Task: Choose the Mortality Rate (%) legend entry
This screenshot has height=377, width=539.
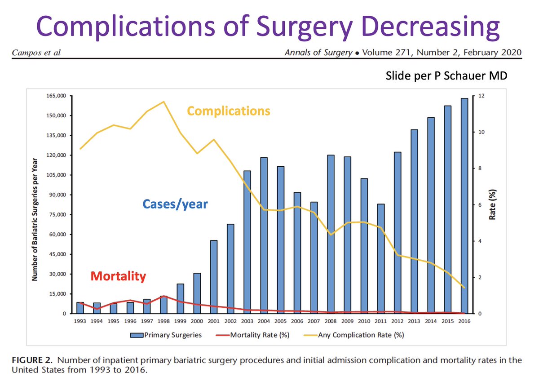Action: pyautogui.click(x=254, y=335)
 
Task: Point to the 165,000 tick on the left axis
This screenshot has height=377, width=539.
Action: pyautogui.click(x=56, y=96)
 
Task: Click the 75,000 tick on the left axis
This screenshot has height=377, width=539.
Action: pyautogui.click(x=58, y=215)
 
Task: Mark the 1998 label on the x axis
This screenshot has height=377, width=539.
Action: pyautogui.click(x=164, y=322)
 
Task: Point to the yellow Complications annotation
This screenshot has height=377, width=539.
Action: pyautogui.click(x=229, y=111)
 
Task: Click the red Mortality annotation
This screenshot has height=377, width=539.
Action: pyautogui.click(x=119, y=275)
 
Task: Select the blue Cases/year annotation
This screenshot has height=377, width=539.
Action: pyautogui.click(x=175, y=204)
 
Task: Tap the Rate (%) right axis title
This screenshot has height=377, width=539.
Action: pyautogui.click(x=492, y=205)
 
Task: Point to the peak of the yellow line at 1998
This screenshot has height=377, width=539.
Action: pyautogui.click(x=164, y=102)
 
